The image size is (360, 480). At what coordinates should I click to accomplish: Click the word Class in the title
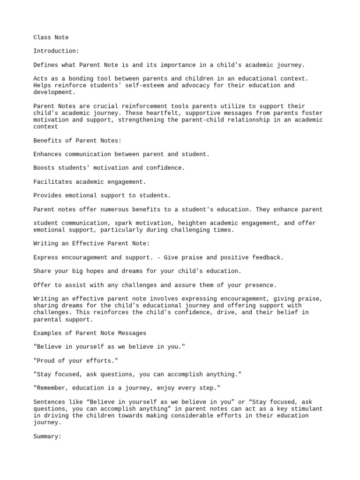point(43,37)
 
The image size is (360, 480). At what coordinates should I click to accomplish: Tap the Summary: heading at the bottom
point(47,436)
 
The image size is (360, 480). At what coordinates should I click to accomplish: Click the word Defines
point(47,65)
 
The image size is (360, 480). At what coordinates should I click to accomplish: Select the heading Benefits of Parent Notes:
point(79,141)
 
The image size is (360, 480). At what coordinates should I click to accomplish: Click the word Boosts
point(45,168)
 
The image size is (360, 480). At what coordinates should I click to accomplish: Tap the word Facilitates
point(55,181)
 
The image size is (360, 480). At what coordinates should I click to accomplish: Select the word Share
point(43,271)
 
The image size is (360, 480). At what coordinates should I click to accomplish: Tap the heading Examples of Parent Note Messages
point(90,333)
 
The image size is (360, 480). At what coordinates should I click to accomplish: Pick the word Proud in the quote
point(47,361)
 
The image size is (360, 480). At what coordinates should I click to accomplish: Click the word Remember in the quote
point(53,389)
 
